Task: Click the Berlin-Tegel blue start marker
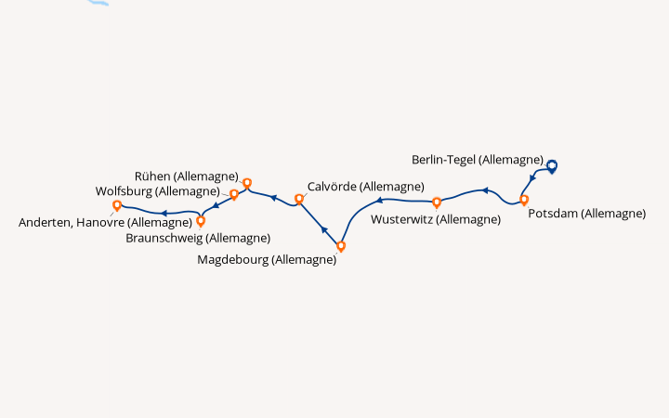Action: (x=552, y=166)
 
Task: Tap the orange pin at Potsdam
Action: (x=524, y=200)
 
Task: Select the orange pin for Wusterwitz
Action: (x=437, y=202)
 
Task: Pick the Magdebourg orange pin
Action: (x=341, y=246)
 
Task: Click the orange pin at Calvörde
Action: (x=299, y=199)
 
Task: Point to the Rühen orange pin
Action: (x=247, y=183)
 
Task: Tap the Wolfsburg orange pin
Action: (x=234, y=194)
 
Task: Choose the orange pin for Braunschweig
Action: (x=201, y=221)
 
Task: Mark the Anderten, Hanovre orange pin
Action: (x=117, y=205)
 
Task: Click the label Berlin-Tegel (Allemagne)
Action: (x=478, y=160)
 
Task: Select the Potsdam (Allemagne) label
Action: (x=587, y=214)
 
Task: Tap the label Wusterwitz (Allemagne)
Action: (x=436, y=219)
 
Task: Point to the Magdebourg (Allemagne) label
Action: (x=267, y=260)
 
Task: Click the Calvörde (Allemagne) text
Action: (x=366, y=187)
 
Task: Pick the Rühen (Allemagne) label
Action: (x=187, y=176)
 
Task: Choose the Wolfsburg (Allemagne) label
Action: (x=157, y=191)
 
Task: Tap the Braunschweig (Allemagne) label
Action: (x=198, y=238)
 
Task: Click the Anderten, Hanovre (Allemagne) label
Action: (x=105, y=223)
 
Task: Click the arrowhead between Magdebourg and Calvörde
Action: (x=324, y=230)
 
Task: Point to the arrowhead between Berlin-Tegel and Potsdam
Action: (x=532, y=177)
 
